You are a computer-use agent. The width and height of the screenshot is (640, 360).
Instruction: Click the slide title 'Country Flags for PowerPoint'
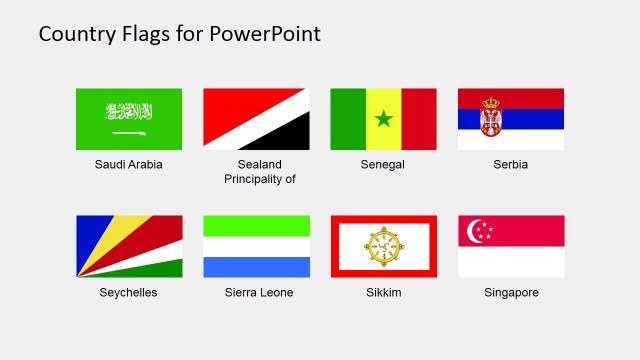coord(179,34)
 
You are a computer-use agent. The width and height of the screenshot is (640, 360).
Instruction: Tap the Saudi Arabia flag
coord(129,119)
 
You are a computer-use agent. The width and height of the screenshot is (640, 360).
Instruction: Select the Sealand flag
coord(256,119)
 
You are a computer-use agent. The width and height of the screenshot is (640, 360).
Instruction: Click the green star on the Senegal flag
coord(383,120)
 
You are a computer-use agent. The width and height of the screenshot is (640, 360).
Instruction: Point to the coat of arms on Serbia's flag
coord(491,117)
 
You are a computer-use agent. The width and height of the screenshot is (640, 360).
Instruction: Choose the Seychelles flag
coord(129,246)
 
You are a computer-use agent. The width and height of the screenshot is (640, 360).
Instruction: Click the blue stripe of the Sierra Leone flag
coord(256,267)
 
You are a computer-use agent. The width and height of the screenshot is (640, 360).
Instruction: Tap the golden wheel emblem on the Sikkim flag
coord(383,246)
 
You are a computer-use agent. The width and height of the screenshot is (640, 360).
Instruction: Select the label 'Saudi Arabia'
coord(129,165)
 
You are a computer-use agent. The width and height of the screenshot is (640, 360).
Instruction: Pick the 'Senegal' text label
coord(383,165)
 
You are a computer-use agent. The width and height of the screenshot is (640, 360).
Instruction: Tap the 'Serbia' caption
coord(510,165)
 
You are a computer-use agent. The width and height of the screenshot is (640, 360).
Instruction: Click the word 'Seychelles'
coord(129,293)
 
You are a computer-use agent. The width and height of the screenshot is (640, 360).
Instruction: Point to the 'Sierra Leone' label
coord(256,293)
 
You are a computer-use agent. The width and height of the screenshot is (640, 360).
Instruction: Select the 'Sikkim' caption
coord(383,293)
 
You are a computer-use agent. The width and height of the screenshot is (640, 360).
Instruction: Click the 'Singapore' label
coord(510,293)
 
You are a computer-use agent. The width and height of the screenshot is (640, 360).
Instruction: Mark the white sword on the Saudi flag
coord(129,132)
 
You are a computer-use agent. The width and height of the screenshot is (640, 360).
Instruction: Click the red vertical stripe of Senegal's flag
coord(419,119)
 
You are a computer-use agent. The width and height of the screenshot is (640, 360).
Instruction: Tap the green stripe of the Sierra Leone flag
coord(256,225)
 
